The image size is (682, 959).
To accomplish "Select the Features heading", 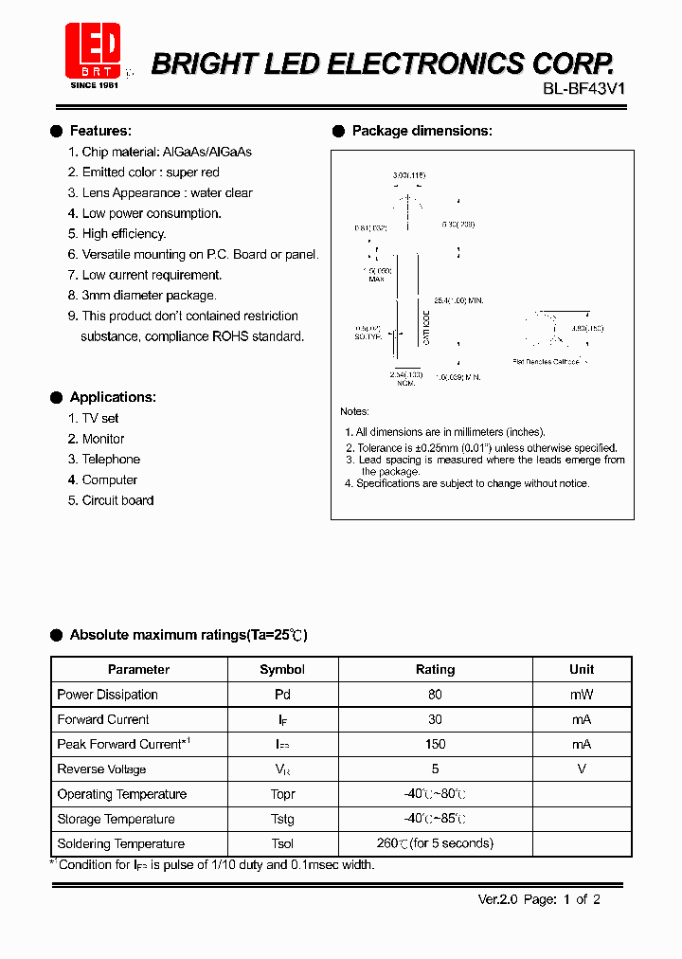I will [100, 131].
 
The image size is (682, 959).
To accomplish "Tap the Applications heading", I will [113, 397].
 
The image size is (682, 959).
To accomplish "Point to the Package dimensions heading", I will [422, 131].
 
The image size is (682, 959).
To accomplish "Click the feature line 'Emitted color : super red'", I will [151, 172].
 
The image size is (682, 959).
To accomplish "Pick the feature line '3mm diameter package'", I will [149, 296].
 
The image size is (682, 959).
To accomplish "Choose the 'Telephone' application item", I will [111, 460].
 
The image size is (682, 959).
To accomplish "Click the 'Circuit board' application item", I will [117, 500].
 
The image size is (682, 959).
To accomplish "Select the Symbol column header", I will [282, 669].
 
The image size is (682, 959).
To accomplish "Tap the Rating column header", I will [435, 669].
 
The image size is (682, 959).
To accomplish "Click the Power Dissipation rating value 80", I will [436, 695].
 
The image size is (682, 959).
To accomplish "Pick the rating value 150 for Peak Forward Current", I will [436, 744].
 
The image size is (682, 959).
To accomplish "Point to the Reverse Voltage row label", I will [101, 769].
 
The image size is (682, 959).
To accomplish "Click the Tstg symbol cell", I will [282, 819].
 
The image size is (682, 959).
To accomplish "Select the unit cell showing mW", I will [582, 695].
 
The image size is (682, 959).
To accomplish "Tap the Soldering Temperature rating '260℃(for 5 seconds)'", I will [435, 843].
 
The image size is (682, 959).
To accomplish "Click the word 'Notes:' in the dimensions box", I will [355, 411].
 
